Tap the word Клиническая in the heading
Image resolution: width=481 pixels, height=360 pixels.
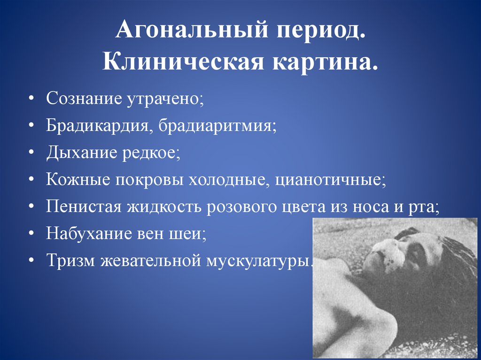pos(183,63)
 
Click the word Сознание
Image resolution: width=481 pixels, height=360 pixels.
pos(83,100)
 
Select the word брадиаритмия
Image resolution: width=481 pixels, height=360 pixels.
pos(217,127)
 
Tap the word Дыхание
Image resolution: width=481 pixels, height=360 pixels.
pos(78,153)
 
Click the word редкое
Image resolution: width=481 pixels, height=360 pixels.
pos(149,153)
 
